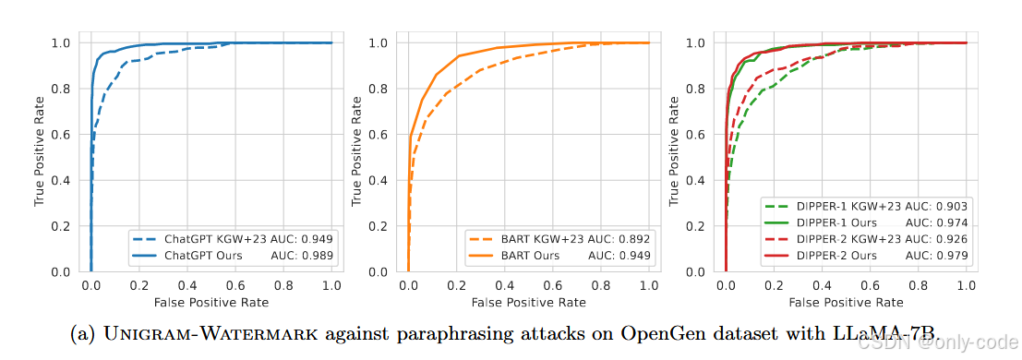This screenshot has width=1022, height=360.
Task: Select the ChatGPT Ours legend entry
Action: click(x=232, y=256)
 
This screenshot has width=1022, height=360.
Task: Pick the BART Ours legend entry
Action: click(x=559, y=256)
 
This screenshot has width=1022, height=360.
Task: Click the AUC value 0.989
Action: click(x=319, y=256)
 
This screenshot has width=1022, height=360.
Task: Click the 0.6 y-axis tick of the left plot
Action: click(x=65, y=135)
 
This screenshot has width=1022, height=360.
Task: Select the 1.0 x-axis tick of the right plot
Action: click(x=966, y=285)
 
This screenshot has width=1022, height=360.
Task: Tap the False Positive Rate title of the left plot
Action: click(x=211, y=303)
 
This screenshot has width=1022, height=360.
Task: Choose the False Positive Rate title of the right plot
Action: click(x=846, y=303)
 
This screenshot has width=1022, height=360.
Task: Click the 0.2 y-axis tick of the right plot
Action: click(x=700, y=225)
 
